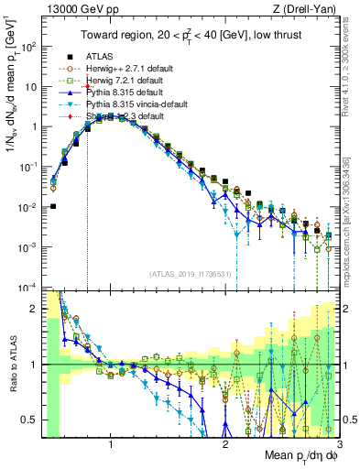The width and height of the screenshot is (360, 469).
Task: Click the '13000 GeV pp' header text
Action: [76, 9]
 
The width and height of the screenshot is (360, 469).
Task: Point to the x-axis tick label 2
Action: [225, 444]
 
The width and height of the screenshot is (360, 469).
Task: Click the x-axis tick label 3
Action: [339, 444]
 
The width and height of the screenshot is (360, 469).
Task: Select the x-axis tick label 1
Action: [111, 444]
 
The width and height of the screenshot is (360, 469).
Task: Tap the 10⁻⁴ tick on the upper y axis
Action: [28, 288]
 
